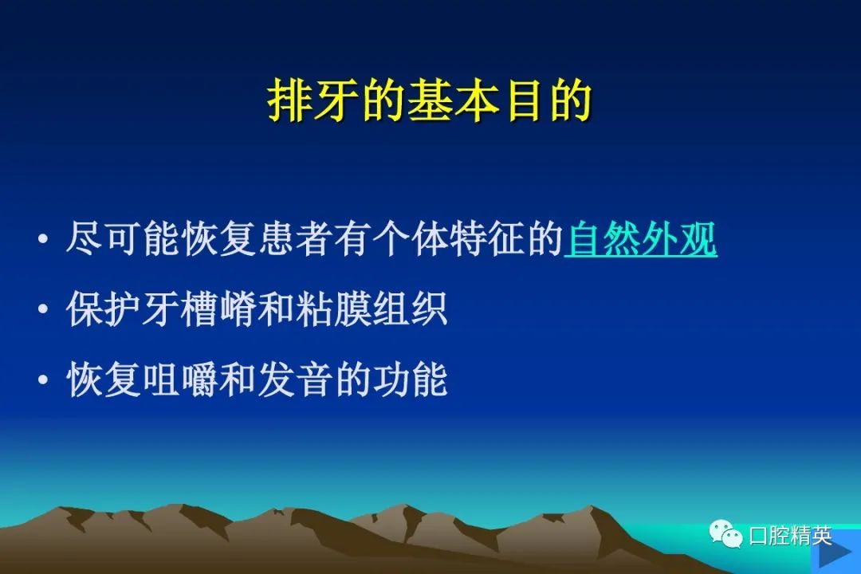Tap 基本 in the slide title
[x=453, y=101]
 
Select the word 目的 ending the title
[x=549, y=101]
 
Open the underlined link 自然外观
[x=641, y=239]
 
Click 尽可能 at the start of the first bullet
[x=123, y=239]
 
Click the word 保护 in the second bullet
[x=103, y=309]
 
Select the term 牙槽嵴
[x=199, y=309]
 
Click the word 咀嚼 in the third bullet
[x=180, y=379]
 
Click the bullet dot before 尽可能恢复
[x=43, y=240]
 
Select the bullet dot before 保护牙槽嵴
[x=43, y=310]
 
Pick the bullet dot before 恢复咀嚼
[x=43, y=380]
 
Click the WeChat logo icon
[x=725, y=534]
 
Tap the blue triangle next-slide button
[x=835, y=556]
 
